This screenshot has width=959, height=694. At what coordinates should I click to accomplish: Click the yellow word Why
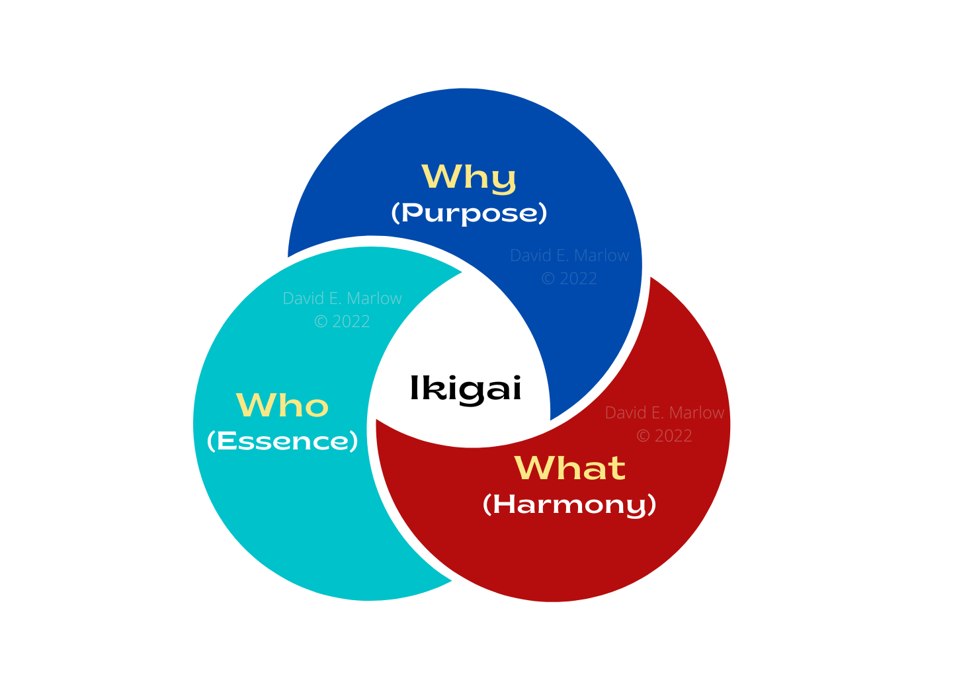coord(468,178)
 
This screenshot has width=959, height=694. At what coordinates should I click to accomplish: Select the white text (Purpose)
coord(469,213)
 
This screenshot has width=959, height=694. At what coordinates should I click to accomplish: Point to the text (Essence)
coord(282,441)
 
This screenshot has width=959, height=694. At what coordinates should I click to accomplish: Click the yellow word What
coord(570,468)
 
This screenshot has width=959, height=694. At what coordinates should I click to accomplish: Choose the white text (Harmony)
coord(569,505)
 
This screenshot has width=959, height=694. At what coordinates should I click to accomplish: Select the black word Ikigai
coord(466,390)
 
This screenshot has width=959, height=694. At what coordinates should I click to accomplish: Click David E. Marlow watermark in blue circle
coord(569,255)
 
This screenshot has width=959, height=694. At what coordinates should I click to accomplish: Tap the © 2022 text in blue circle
coord(569,278)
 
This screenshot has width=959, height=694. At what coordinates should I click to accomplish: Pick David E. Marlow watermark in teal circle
coord(342,298)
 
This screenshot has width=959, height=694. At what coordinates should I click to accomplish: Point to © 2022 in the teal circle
coord(342,321)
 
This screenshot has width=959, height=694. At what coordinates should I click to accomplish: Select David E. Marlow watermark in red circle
coord(665,413)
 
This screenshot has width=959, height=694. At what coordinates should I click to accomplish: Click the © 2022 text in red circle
coord(665,436)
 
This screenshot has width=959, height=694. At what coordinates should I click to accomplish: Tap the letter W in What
coord(532,468)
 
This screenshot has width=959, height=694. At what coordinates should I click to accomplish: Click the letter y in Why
coord(503,182)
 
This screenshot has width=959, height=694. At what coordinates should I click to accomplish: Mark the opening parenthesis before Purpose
coord(396,213)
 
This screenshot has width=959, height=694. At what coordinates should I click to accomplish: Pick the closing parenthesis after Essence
coord(354,441)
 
